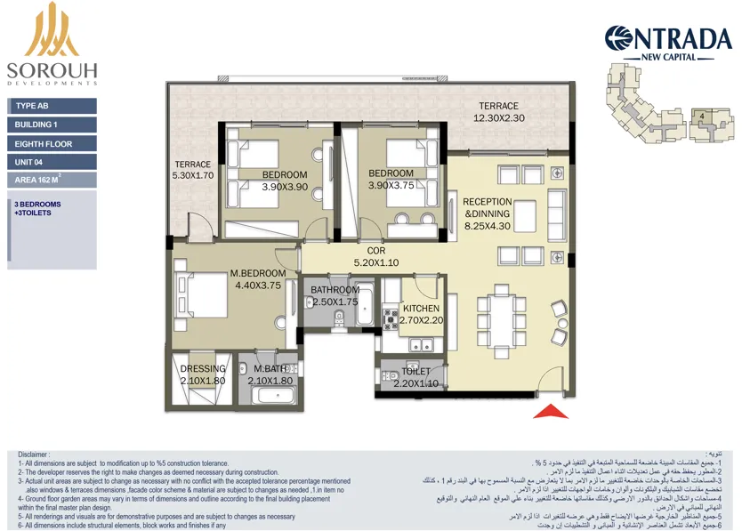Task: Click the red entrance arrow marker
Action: tap(550, 411)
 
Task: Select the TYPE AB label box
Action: tap(52, 106)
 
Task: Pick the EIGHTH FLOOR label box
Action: tap(52, 143)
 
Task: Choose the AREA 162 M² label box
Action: tap(52, 180)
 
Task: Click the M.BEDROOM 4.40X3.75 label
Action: tap(258, 279)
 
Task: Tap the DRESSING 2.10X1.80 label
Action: tap(202, 375)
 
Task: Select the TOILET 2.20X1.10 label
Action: tap(416, 377)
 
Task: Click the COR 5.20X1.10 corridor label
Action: tap(375, 257)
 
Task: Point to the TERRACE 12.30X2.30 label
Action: tap(498, 112)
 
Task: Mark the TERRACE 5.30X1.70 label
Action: tap(192, 170)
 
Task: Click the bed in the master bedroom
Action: tap(206, 292)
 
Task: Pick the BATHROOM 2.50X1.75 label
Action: tap(335, 296)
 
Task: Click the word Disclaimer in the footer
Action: tap(34, 454)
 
